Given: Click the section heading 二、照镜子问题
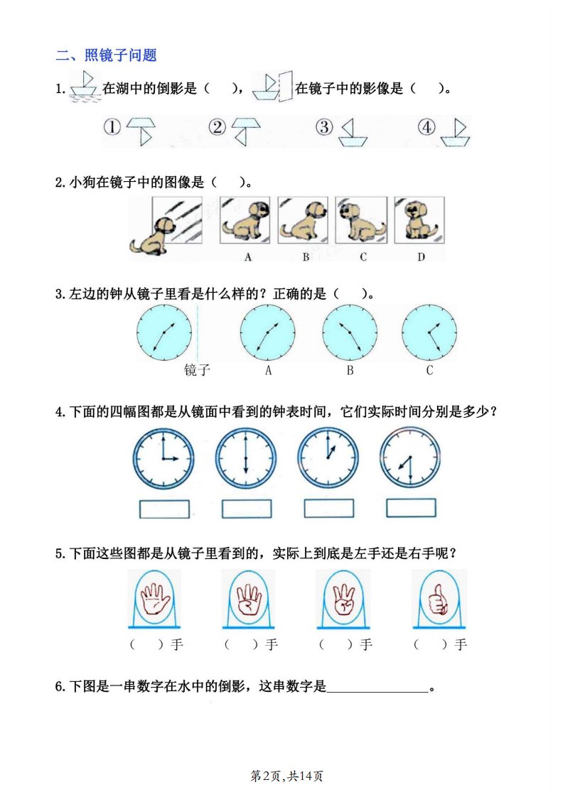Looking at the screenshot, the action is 106,55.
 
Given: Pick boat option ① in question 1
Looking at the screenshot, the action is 141,131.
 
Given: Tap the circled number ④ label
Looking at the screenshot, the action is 426,126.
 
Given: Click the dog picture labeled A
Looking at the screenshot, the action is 245,220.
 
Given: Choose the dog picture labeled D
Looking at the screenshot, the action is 419,220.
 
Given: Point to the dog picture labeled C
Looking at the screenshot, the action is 362,220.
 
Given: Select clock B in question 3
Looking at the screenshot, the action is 350,332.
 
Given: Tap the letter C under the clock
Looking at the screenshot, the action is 429,371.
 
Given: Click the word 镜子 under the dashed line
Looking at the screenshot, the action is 197,369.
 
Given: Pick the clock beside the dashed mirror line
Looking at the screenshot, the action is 164,332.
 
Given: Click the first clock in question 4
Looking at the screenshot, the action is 163,459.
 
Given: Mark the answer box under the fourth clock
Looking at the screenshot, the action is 411,508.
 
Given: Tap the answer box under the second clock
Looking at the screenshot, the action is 247,509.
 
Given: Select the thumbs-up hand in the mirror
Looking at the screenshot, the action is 439,598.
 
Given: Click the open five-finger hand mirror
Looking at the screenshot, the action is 154,598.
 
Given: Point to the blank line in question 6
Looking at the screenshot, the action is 377,692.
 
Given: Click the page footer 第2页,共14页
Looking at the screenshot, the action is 286,776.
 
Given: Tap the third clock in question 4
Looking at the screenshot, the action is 328,458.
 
